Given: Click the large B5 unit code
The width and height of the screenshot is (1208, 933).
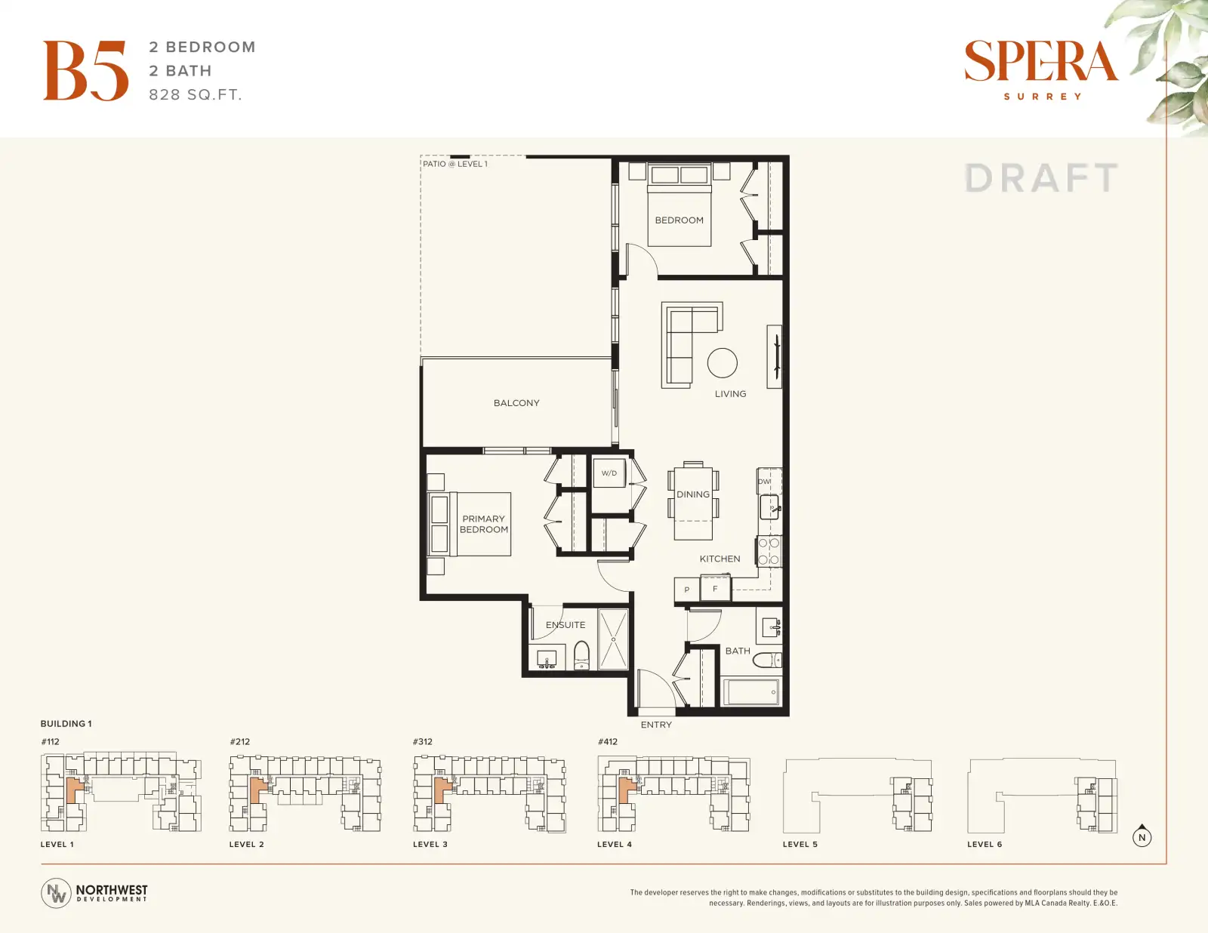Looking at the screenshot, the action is click(x=85, y=70).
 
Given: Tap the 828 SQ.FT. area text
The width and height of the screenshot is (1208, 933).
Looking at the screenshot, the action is click(x=196, y=95).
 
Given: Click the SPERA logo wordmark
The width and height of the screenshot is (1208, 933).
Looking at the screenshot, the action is click(x=1041, y=61).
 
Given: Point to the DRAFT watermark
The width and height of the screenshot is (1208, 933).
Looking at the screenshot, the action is click(x=1041, y=178).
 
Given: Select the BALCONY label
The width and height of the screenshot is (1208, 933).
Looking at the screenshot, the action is click(x=516, y=403).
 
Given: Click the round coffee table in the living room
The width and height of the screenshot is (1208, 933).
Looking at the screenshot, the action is click(x=722, y=363).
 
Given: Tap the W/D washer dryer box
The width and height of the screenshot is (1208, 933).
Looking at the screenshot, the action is click(x=609, y=473).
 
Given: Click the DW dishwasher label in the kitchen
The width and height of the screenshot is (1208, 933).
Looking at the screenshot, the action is click(x=764, y=482).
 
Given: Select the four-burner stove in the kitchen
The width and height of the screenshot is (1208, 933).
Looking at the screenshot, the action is click(x=769, y=551).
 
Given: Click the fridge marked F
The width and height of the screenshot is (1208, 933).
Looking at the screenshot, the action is click(x=716, y=589).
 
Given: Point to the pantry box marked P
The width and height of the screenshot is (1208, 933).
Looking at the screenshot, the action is click(x=687, y=590).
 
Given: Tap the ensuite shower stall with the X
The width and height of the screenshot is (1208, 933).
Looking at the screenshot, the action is click(x=613, y=639).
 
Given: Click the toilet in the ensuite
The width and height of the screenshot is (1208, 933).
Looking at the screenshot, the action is click(x=581, y=656).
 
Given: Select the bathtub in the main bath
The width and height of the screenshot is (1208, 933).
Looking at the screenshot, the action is click(x=751, y=692).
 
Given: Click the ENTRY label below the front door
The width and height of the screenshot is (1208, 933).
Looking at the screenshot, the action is click(x=656, y=725).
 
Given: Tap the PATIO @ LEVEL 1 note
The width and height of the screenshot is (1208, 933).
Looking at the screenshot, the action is click(x=455, y=164).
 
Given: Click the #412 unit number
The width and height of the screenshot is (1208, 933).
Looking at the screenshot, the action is click(x=608, y=741).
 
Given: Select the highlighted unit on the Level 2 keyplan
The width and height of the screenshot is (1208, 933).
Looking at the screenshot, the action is click(x=257, y=790).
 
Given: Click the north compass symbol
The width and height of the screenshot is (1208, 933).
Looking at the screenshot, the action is click(x=1142, y=836).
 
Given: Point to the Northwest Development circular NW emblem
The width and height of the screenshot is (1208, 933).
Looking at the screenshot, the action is click(x=56, y=893).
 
